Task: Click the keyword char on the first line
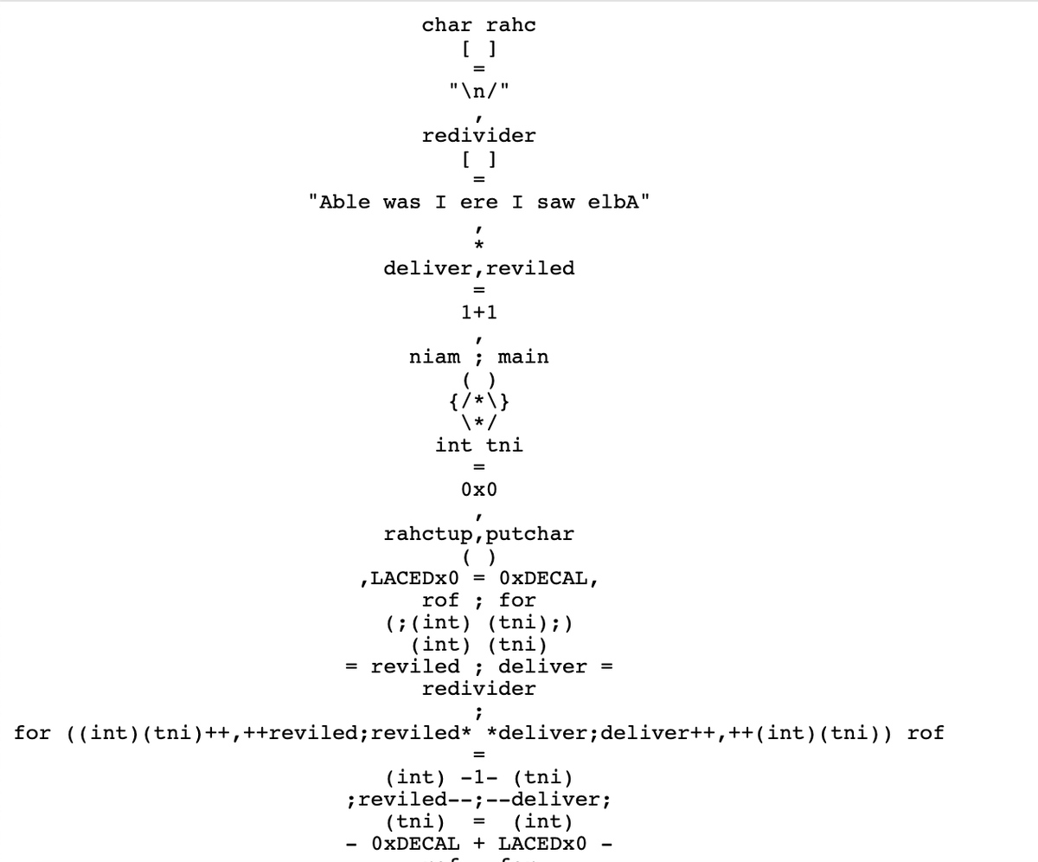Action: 441,25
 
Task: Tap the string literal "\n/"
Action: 478,90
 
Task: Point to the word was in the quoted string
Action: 402,202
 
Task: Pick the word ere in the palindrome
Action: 479,202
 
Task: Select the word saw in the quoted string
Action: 555,202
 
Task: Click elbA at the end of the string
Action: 612,202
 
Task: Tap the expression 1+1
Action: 478,312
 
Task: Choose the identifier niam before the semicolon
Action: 434,357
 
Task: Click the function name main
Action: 523,357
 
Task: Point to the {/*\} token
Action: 478,401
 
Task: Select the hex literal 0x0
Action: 478,490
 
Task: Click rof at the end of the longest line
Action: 926,733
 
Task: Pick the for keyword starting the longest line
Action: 33,733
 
